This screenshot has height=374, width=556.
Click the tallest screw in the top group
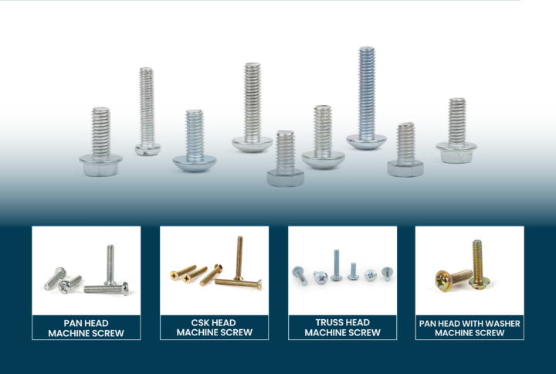pos(366,97)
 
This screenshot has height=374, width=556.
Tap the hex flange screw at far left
pos(100,143)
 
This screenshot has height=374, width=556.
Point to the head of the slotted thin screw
pos(145,149)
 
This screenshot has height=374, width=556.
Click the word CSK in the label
pos(192,322)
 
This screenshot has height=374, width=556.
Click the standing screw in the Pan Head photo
pos(110,264)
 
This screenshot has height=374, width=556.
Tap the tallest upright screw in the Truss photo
pos(337,264)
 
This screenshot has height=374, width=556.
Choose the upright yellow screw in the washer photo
pos(476,263)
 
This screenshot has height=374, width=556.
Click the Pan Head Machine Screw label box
pos(86,328)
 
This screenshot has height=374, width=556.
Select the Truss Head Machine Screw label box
pos(342,328)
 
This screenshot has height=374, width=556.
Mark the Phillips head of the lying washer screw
pos(445,277)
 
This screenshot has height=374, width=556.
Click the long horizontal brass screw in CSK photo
pos(238,284)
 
